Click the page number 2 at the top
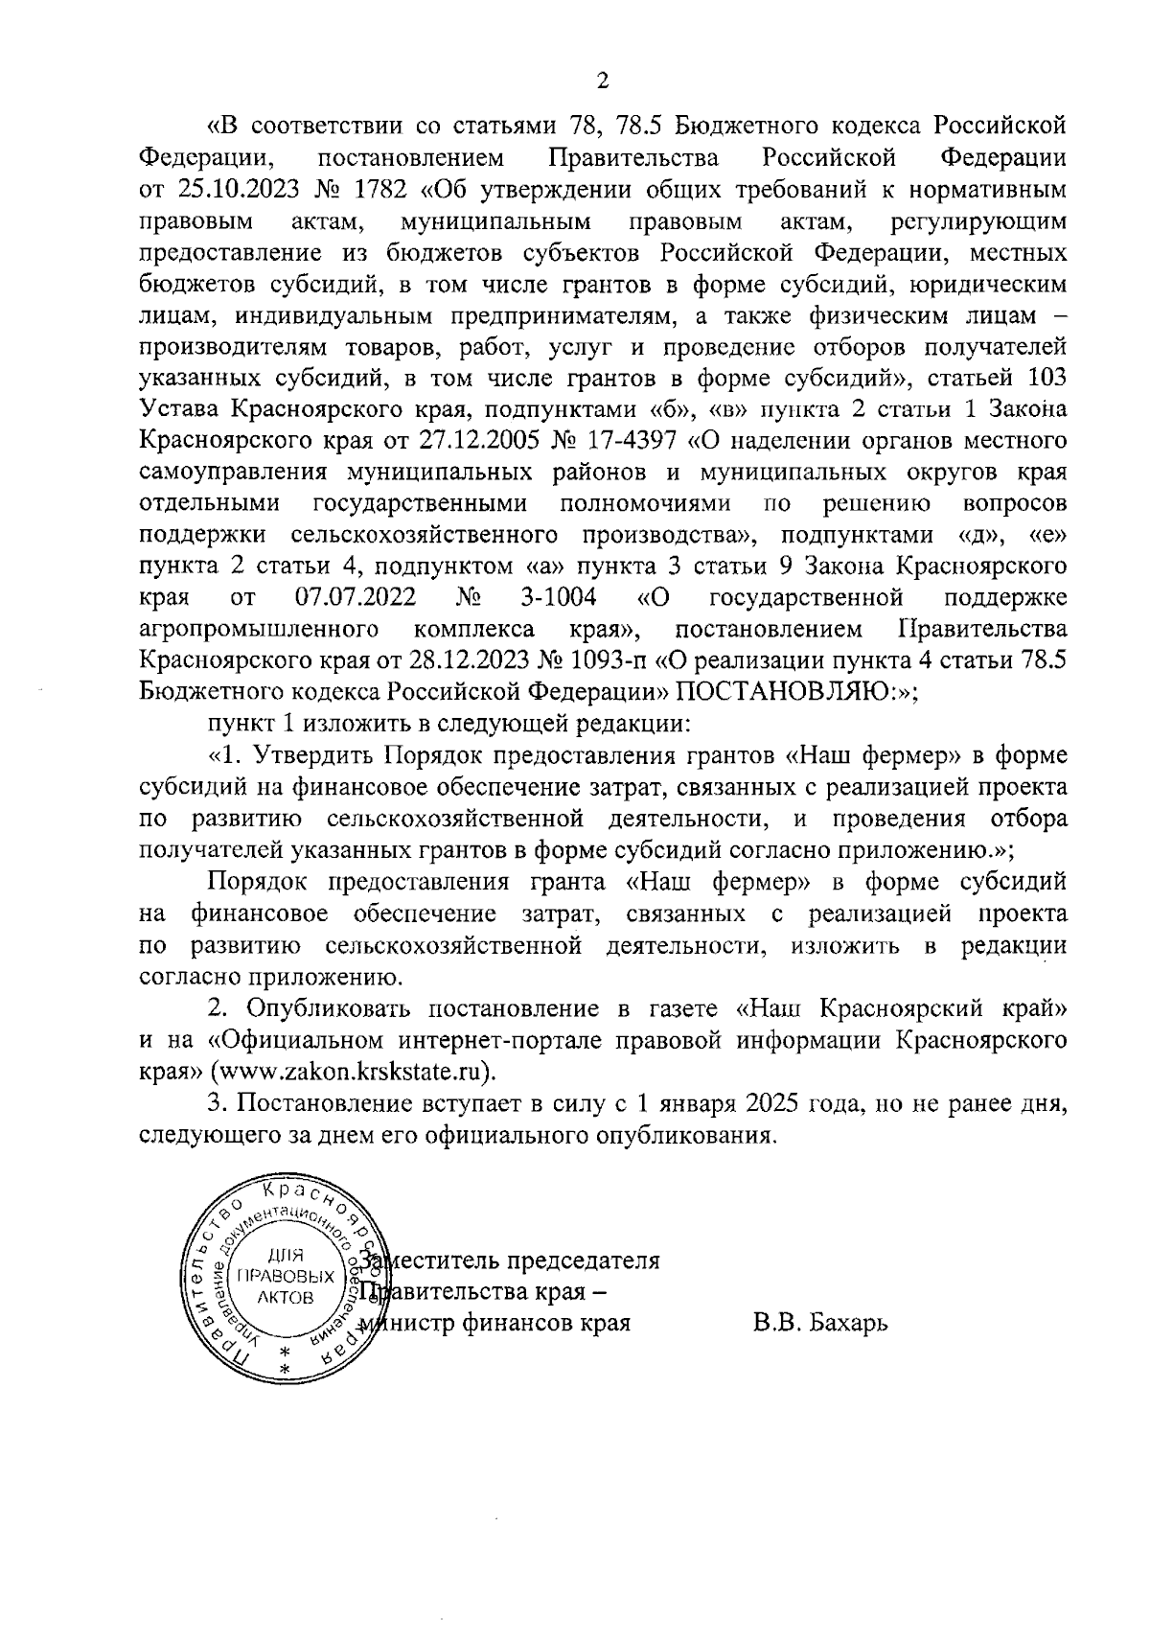point(602,81)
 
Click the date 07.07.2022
point(356,598)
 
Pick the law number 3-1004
point(559,598)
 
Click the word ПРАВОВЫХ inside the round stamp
point(286,1277)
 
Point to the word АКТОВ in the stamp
point(286,1297)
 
